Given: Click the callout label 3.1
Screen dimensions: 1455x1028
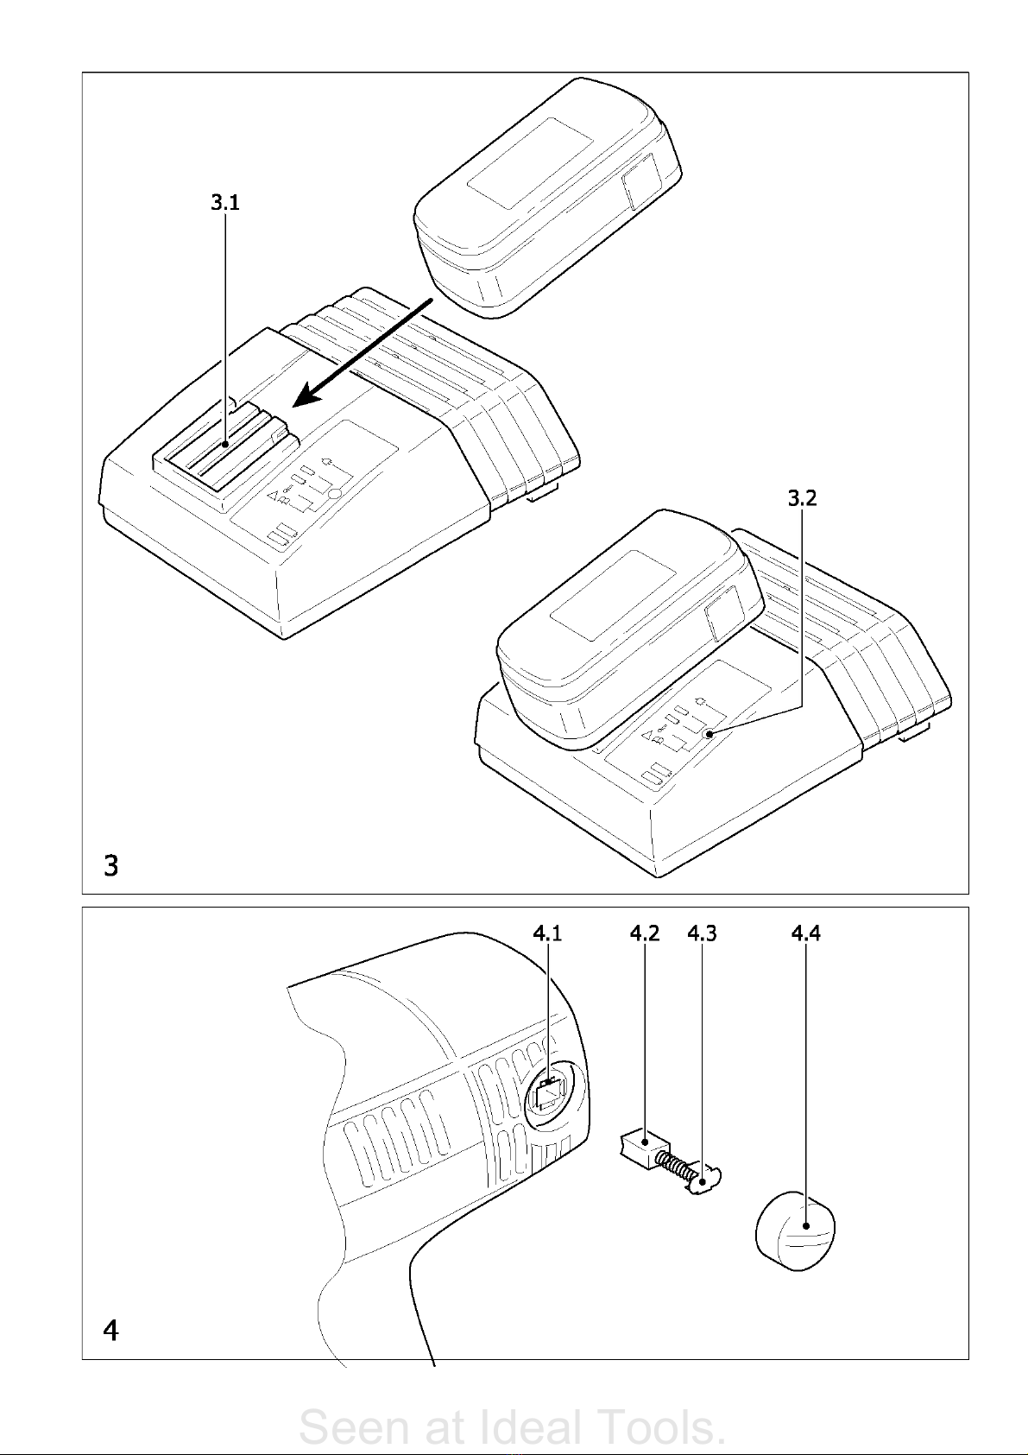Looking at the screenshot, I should (225, 203).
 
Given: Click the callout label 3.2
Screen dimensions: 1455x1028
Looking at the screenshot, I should (802, 498).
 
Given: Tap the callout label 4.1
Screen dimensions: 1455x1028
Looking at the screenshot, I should (547, 933).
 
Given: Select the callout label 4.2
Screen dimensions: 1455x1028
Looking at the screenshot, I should (645, 933).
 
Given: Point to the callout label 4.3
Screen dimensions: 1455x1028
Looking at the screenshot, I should (702, 933).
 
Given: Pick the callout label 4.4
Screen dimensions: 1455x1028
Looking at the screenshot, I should (805, 933).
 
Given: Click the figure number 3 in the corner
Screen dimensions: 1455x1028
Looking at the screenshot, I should (110, 864).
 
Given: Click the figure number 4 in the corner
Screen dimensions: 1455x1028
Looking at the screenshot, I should (110, 1331).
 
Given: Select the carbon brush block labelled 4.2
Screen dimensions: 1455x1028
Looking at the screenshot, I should (640, 1149).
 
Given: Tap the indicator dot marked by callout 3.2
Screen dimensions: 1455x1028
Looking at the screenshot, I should (709, 734).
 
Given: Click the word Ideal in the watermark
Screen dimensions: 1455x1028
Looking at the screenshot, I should (531, 1427).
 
